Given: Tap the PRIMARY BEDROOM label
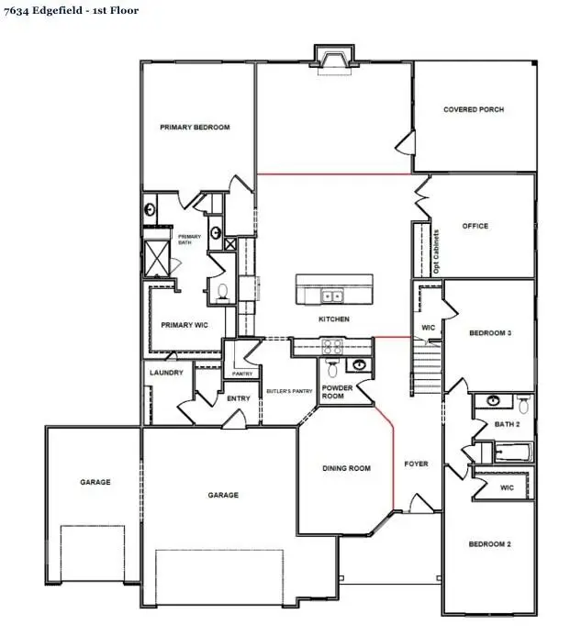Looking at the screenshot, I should [x=195, y=128].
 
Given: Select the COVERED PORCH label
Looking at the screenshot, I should [x=474, y=109].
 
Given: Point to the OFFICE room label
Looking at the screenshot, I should [x=475, y=226].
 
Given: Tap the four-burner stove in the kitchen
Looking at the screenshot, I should [x=331, y=346].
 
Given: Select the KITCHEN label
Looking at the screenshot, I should [x=333, y=319].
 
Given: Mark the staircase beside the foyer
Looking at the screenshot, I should [x=428, y=368].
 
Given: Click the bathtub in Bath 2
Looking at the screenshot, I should [x=511, y=452].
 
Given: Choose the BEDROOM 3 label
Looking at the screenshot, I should [x=489, y=333].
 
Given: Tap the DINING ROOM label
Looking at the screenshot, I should [x=346, y=469].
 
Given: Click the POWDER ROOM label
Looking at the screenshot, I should [x=337, y=392].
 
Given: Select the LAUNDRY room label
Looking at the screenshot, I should [x=165, y=373].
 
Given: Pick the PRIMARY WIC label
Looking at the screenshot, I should [x=182, y=325].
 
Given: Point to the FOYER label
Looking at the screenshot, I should [x=417, y=464].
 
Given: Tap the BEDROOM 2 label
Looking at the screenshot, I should [x=489, y=544].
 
